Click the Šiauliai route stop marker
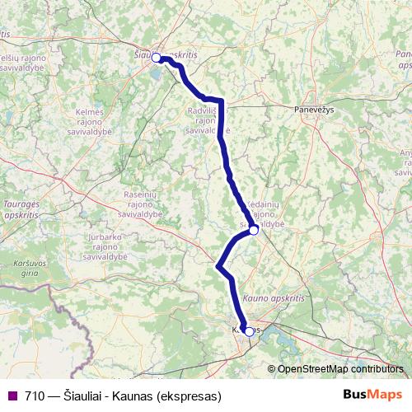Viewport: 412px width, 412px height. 156,58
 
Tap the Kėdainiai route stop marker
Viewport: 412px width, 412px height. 254,231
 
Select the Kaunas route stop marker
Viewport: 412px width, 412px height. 250,332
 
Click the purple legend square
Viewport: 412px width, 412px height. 12,396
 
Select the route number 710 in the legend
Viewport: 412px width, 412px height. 35,396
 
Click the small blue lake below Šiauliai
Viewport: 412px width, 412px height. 156,78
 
